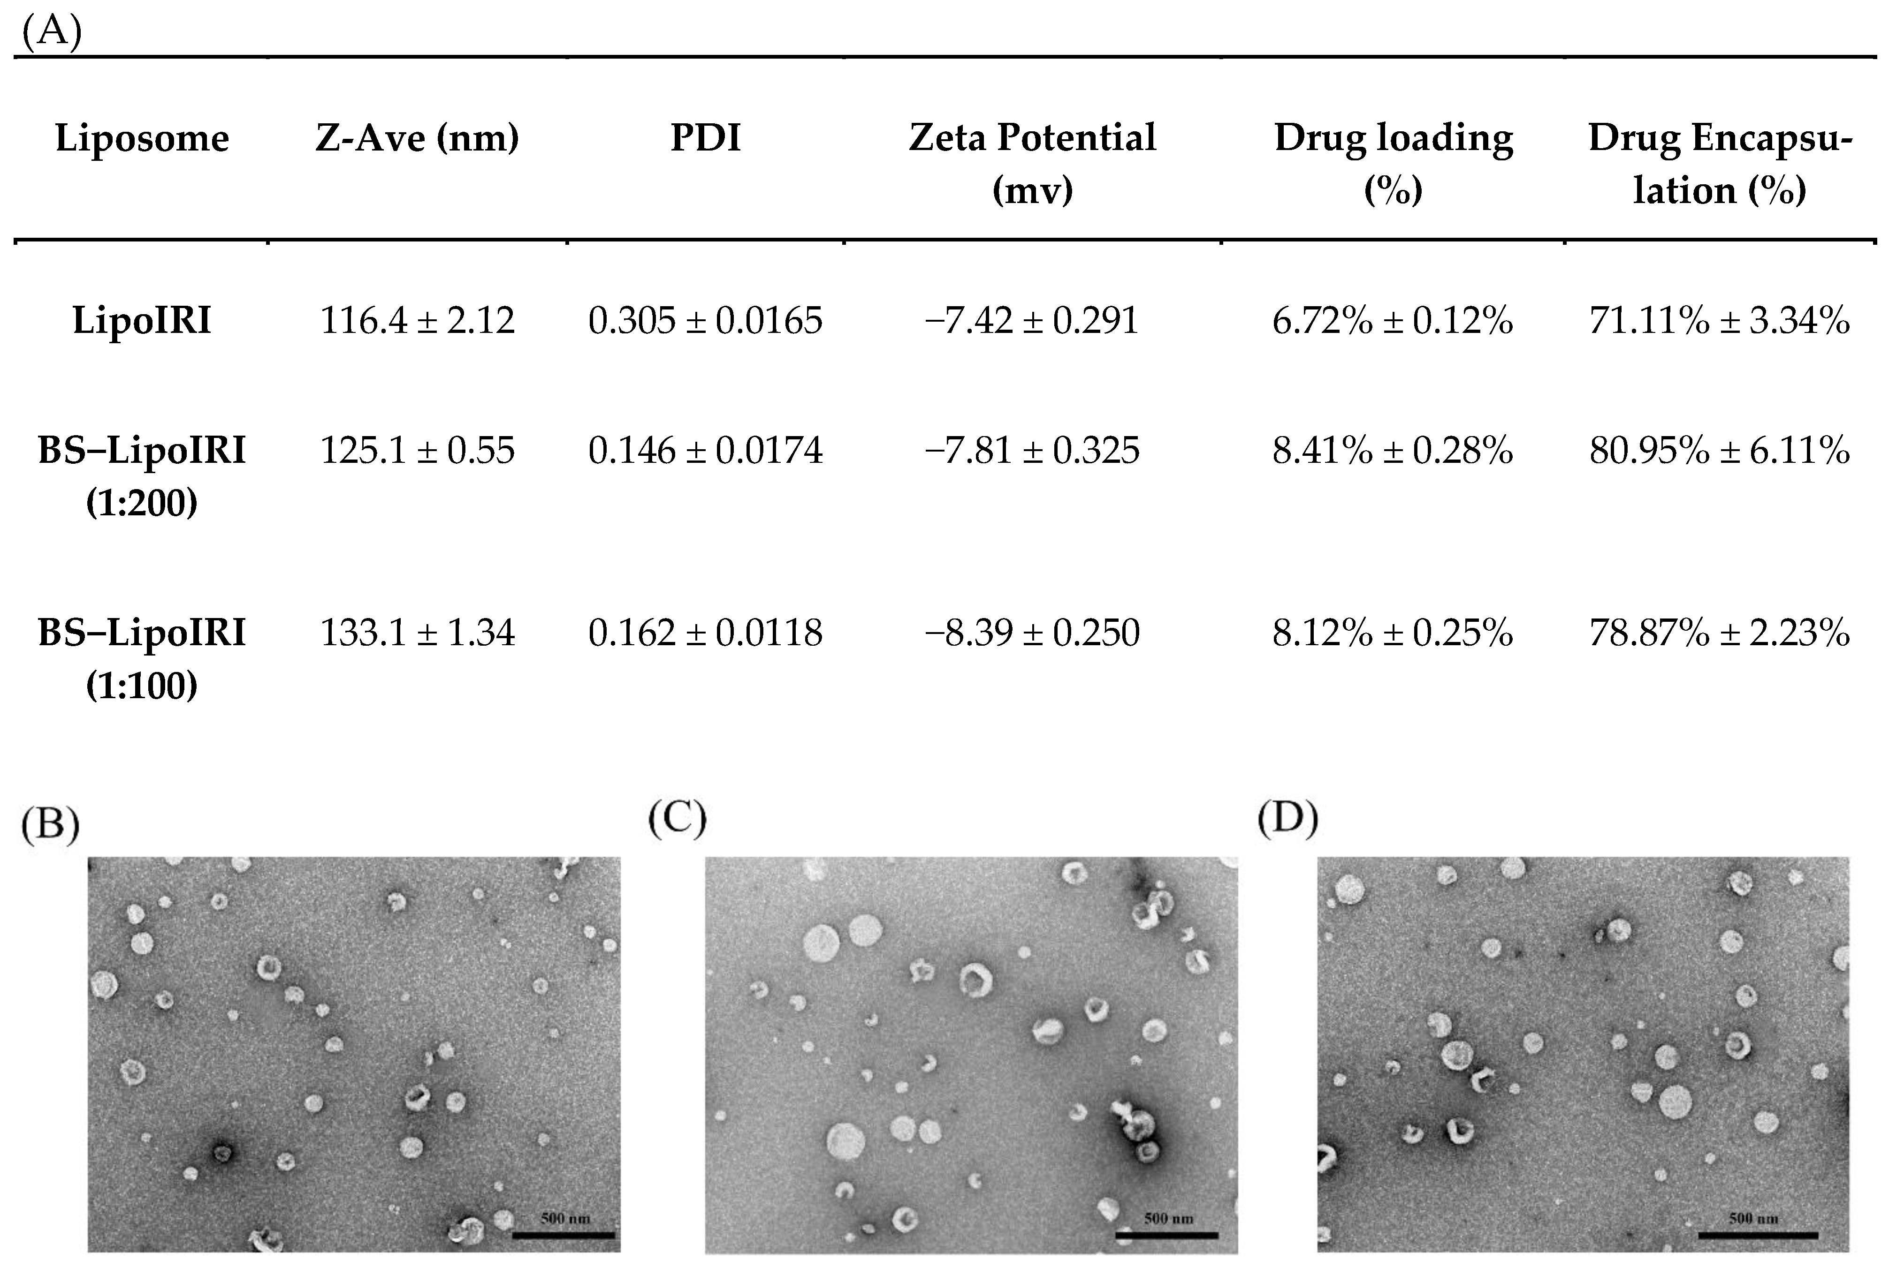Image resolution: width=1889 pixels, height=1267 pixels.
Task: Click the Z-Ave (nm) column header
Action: tap(417, 138)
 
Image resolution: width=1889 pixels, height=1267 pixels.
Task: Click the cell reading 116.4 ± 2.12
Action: tap(417, 321)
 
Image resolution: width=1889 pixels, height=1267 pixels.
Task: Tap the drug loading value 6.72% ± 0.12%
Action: tap(1392, 321)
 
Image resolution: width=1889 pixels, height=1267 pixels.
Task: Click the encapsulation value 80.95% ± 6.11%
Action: tap(1719, 450)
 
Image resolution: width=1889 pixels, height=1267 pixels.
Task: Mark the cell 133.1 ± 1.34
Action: tap(417, 633)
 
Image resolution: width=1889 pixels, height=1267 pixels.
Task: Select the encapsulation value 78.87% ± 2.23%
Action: tap(1719, 633)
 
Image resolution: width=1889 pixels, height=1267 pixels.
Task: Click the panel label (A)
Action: tap(52, 34)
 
